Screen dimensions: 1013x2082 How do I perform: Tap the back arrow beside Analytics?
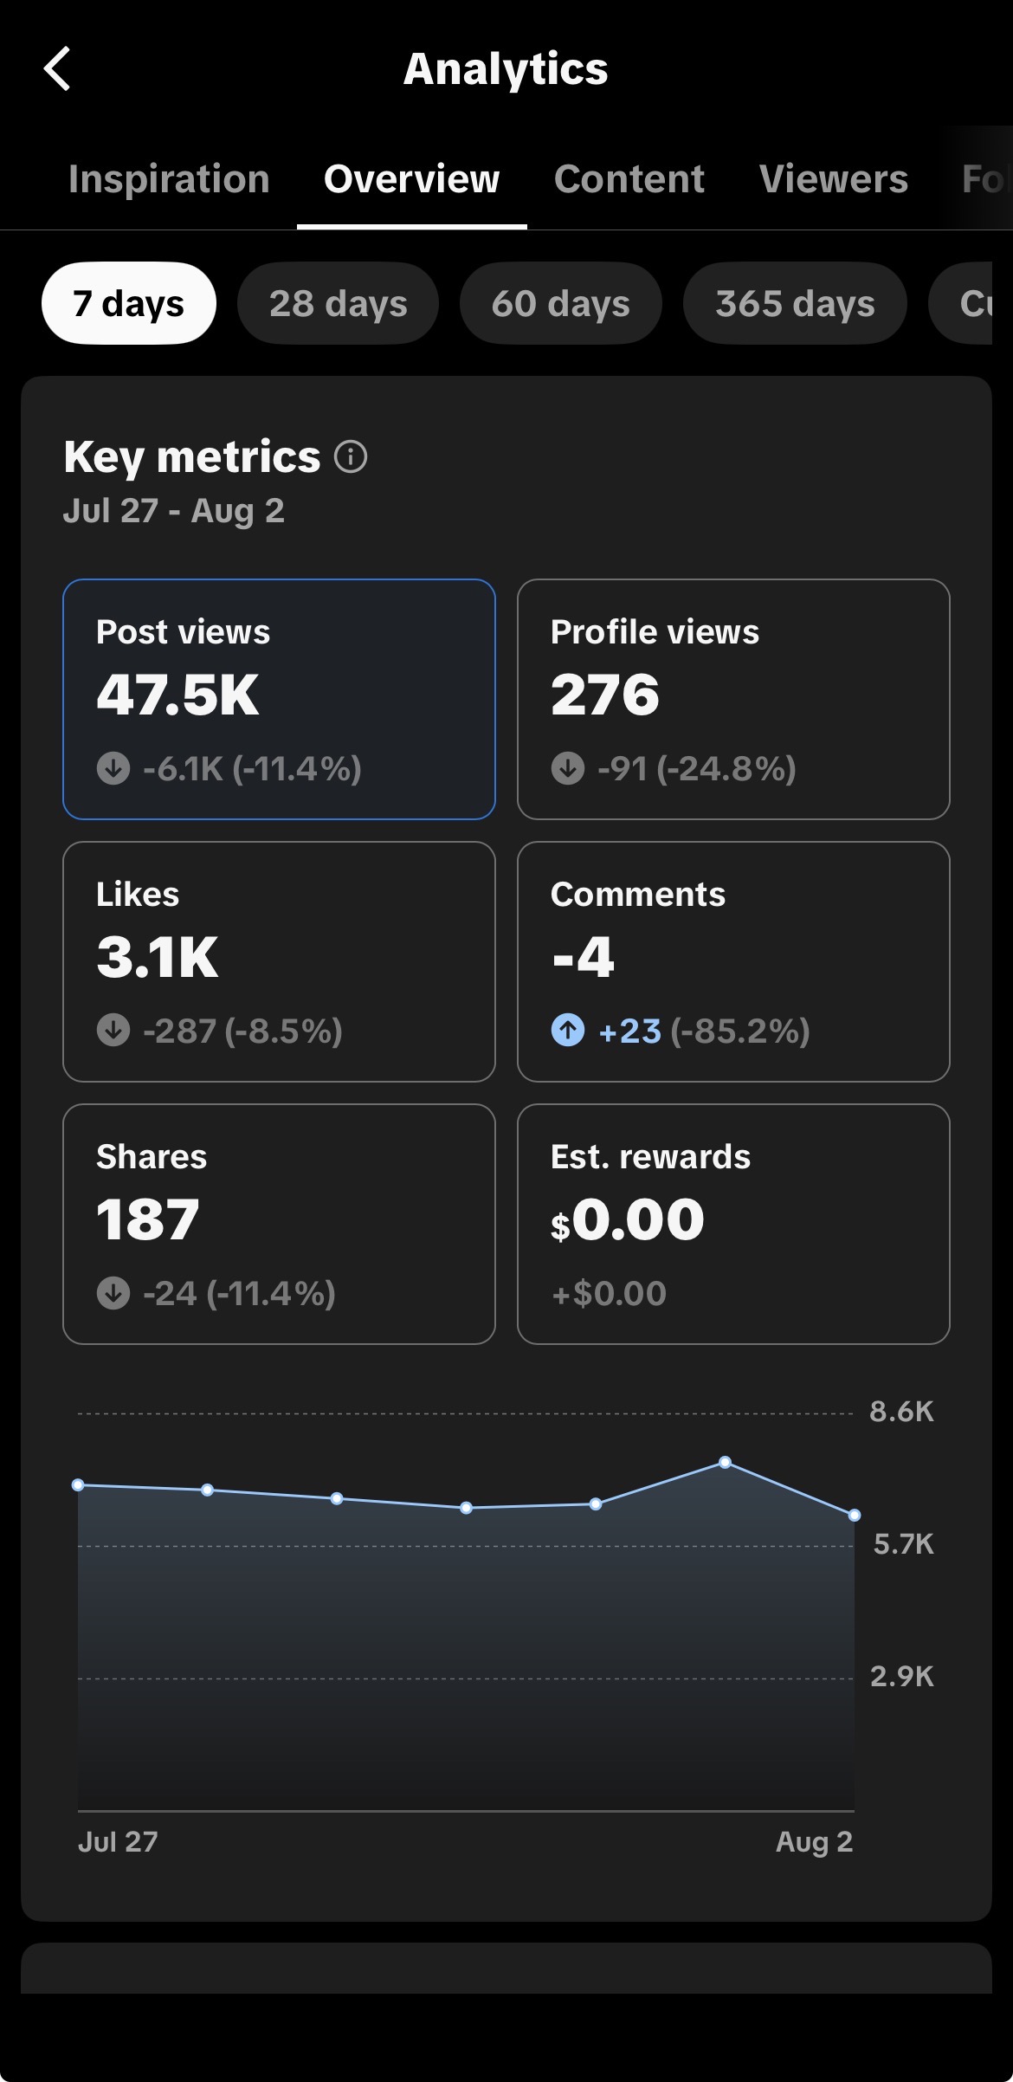pyautogui.click(x=57, y=68)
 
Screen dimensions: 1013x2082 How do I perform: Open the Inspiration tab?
pyautogui.click(x=169, y=179)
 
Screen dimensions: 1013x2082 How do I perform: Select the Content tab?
pyautogui.click(x=629, y=179)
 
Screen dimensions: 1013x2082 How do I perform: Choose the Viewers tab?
pyautogui.click(x=833, y=179)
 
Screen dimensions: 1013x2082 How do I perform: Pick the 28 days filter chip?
pyautogui.click(x=338, y=303)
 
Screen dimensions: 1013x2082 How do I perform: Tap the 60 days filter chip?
pyautogui.click(x=560, y=303)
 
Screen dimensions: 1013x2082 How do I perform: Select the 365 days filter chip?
pyautogui.click(x=795, y=303)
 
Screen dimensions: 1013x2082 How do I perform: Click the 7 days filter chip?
pyautogui.click(x=129, y=303)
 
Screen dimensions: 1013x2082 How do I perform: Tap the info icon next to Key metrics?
pyautogui.click(x=351, y=456)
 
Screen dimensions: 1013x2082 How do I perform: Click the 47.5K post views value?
pyautogui.click(x=177, y=695)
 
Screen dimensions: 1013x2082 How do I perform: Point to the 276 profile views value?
pyautogui.click(x=605, y=695)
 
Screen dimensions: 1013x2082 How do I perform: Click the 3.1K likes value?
pyautogui.click(x=158, y=957)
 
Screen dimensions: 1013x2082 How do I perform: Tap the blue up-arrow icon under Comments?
pyautogui.click(x=568, y=1031)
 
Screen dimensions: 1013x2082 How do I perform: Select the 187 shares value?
pyautogui.click(x=148, y=1219)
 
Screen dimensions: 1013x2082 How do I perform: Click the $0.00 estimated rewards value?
pyautogui.click(x=628, y=1219)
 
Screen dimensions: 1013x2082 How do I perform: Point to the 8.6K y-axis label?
pyautogui.click(x=902, y=1412)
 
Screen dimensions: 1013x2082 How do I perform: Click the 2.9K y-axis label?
pyautogui.click(x=902, y=1677)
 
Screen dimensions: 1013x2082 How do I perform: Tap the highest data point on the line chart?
pyautogui.click(x=726, y=1463)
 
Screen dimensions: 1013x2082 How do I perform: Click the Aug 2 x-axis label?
pyautogui.click(x=815, y=1841)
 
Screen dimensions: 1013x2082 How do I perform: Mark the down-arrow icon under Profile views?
pyautogui.click(x=568, y=768)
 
